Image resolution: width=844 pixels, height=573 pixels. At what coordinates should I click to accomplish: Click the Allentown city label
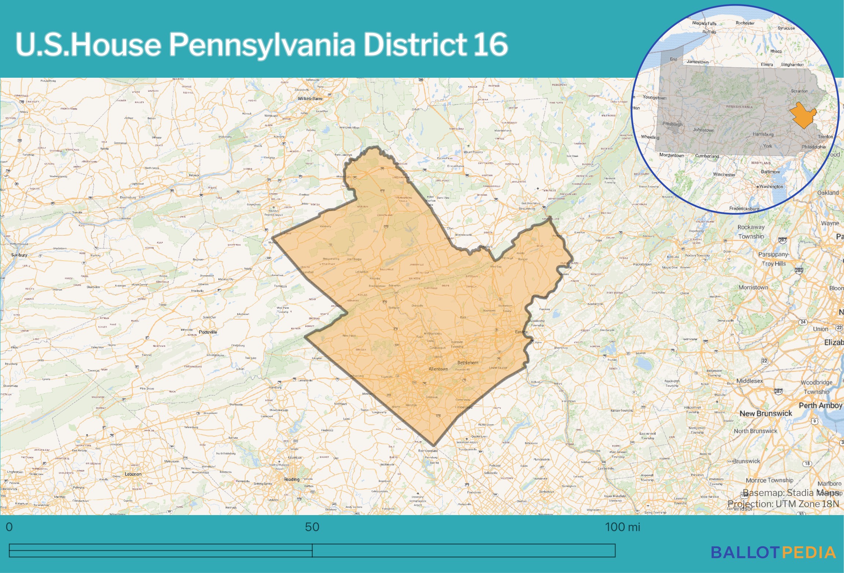tap(438, 369)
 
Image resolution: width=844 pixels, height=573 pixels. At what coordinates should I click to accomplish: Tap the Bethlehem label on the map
tap(467, 363)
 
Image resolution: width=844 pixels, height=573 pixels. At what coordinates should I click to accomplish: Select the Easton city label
tap(521, 332)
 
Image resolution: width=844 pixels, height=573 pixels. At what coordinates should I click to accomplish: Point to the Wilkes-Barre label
tap(310, 99)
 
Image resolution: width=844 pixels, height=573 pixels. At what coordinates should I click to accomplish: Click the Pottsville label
tap(208, 332)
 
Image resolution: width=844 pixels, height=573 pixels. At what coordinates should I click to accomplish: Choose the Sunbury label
tap(19, 255)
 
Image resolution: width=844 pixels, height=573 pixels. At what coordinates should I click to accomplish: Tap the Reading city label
tap(291, 479)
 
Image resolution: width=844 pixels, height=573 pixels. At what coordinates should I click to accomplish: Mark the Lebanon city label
tap(133, 474)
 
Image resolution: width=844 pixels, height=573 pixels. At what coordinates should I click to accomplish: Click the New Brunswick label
tap(766, 413)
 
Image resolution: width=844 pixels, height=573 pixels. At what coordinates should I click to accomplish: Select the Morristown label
tap(753, 287)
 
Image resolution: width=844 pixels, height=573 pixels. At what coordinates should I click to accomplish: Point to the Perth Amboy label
tap(820, 405)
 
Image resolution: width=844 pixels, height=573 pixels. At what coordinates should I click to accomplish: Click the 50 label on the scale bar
tap(312, 527)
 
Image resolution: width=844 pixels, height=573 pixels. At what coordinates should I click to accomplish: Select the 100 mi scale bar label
tap(622, 527)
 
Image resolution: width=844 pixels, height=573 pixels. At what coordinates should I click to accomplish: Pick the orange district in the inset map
tap(803, 115)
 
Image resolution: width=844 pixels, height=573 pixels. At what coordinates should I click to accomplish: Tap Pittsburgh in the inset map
tap(672, 124)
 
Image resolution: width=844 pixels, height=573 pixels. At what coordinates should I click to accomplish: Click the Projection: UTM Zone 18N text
tap(783, 504)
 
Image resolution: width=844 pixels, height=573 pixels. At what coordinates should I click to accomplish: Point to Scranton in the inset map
tap(799, 91)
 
